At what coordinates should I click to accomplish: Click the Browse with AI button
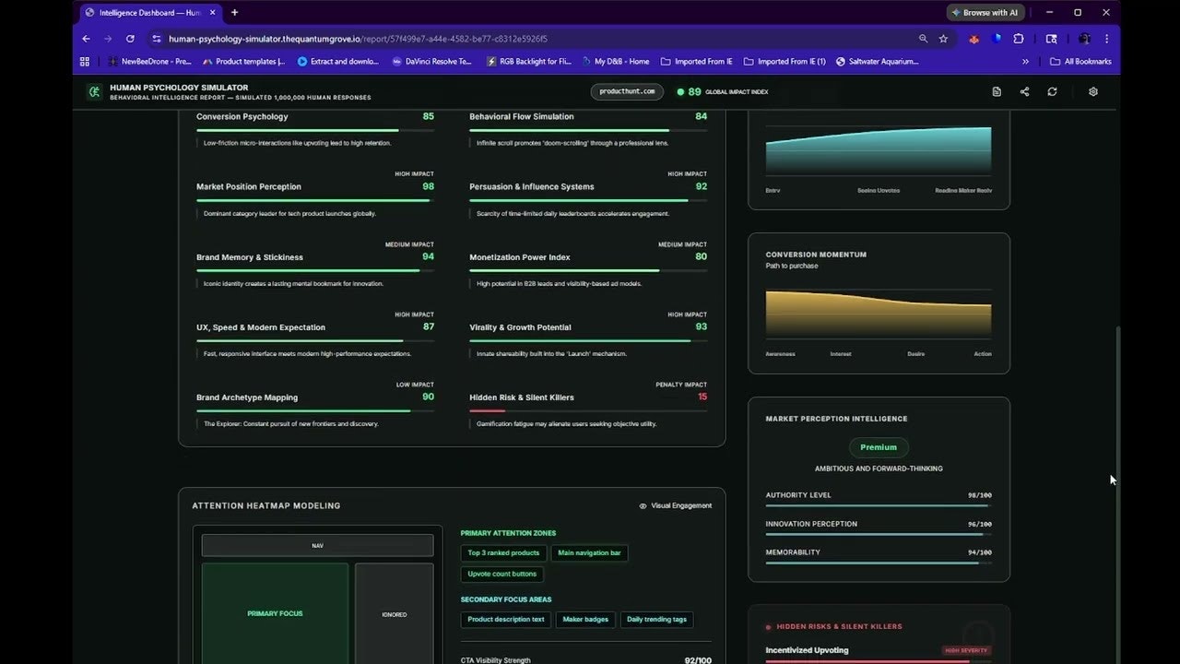pyautogui.click(x=985, y=13)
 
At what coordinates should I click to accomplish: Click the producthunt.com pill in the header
pyautogui.click(x=627, y=91)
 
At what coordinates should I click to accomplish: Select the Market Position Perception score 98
pyautogui.click(x=428, y=186)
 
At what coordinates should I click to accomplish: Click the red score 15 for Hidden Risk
pyautogui.click(x=702, y=397)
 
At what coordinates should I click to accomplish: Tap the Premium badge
pyautogui.click(x=879, y=447)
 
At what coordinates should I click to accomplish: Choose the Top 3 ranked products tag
pyautogui.click(x=503, y=553)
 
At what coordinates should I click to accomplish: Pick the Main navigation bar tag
pyautogui.click(x=589, y=553)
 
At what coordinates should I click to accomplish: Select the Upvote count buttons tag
pyautogui.click(x=501, y=574)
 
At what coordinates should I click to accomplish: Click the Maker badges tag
pyautogui.click(x=585, y=620)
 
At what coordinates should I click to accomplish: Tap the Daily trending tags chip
pyautogui.click(x=656, y=620)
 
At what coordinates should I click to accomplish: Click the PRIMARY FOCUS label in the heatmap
pyautogui.click(x=275, y=613)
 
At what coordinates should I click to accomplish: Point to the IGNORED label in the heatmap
pyautogui.click(x=394, y=614)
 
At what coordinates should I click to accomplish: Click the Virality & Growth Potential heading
pyautogui.click(x=520, y=327)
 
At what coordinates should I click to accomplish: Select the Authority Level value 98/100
pyautogui.click(x=979, y=495)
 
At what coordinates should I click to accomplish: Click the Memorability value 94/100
pyautogui.click(x=979, y=552)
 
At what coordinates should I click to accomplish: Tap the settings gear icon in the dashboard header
pyautogui.click(x=1093, y=91)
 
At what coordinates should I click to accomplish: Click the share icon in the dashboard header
pyautogui.click(x=1024, y=91)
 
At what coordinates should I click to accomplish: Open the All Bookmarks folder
pyautogui.click(x=1080, y=62)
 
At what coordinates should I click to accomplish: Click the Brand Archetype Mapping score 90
pyautogui.click(x=428, y=397)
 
